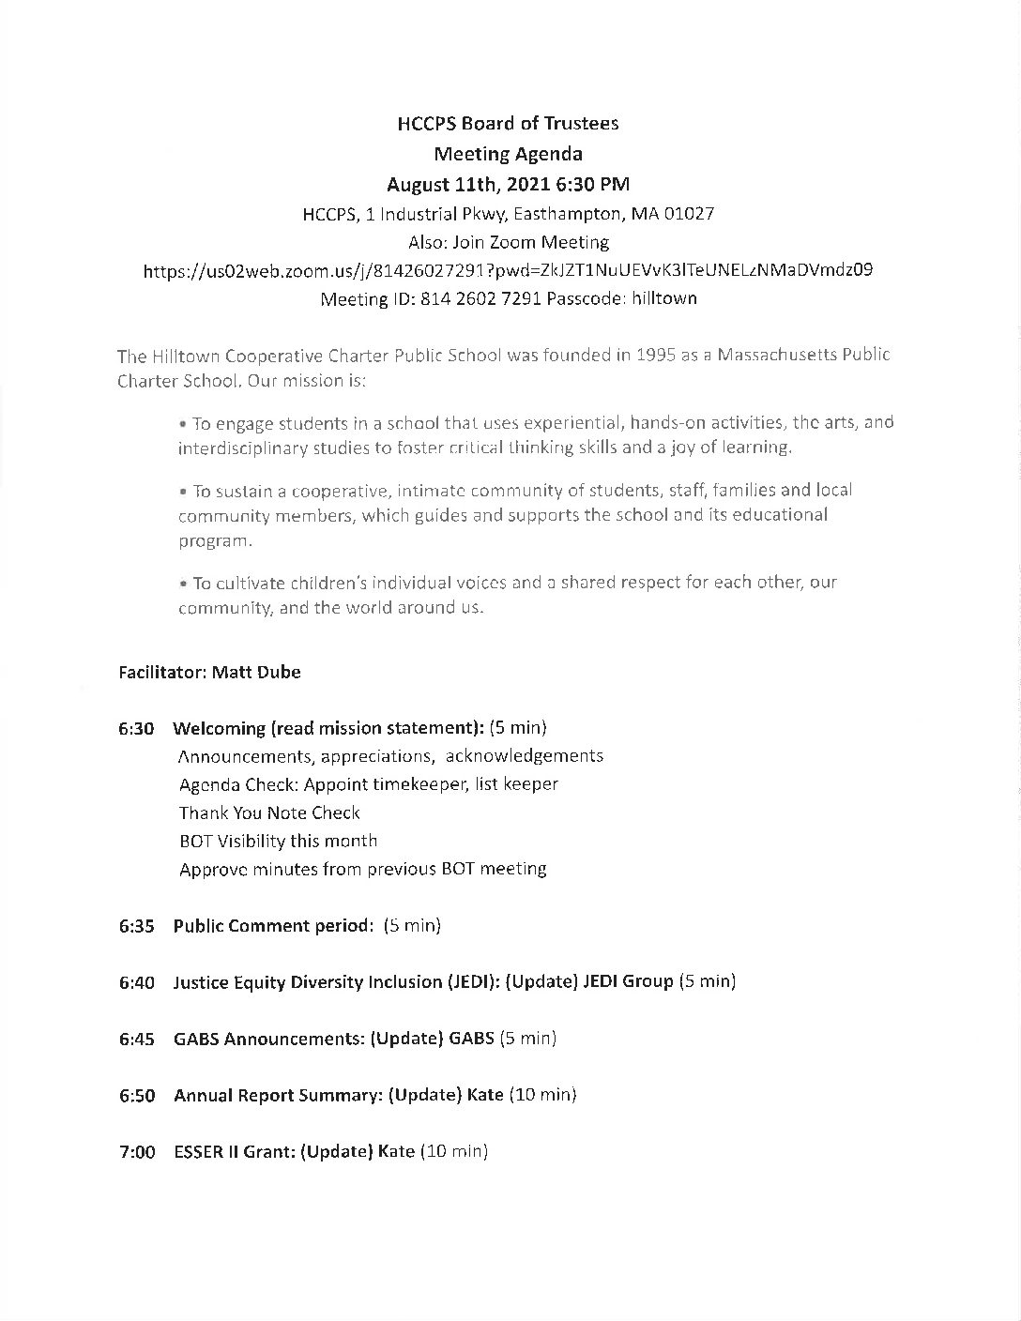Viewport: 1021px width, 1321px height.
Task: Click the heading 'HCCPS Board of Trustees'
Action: (x=508, y=123)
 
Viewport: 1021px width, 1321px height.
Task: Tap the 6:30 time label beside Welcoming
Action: (x=136, y=728)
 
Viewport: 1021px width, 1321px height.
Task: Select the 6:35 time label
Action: (x=136, y=926)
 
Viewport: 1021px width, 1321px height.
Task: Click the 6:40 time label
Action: (x=136, y=982)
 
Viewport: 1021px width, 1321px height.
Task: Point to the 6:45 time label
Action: (x=136, y=1039)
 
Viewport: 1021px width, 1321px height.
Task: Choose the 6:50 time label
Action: (x=136, y=1095)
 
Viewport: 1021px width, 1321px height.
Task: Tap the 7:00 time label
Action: (x=137, y=1151)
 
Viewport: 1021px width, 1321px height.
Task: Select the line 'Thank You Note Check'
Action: (x=269, y=812)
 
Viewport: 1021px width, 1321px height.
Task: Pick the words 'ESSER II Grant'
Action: (x=233, y=1151)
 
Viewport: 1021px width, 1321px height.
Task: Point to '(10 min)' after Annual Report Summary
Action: (x=542, y=1095)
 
